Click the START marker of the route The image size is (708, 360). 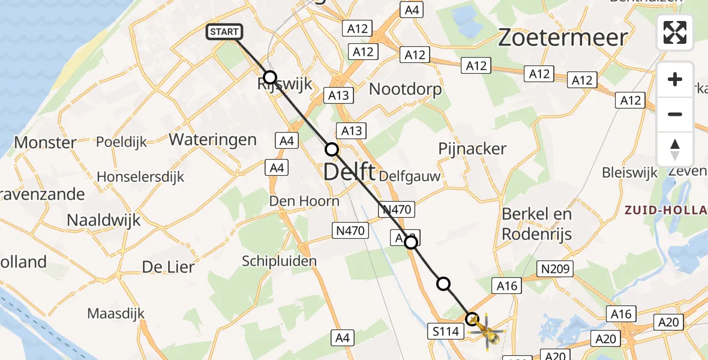click(x=224, y=32)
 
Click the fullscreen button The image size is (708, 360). click(x=675, y=32)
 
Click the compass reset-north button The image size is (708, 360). click(x=675, y=149)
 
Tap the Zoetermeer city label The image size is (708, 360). click(x=563, y=38)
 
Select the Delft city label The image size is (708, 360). click(x=349, y=173)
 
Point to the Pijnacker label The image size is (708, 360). click(x=472, y=149)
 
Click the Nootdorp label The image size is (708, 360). click(x=405, y=89)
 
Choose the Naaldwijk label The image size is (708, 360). click(x=103, y=220)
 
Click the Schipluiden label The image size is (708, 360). click(x=279, y=261)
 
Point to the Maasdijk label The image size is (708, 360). click(x=117, y=313)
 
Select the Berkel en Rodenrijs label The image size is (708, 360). click(x=537, y=223)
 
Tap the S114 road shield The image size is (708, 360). click(x=445, y=331)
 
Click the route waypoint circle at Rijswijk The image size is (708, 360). click(x=270, y=77)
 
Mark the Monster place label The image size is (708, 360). click(x=46, y=143)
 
